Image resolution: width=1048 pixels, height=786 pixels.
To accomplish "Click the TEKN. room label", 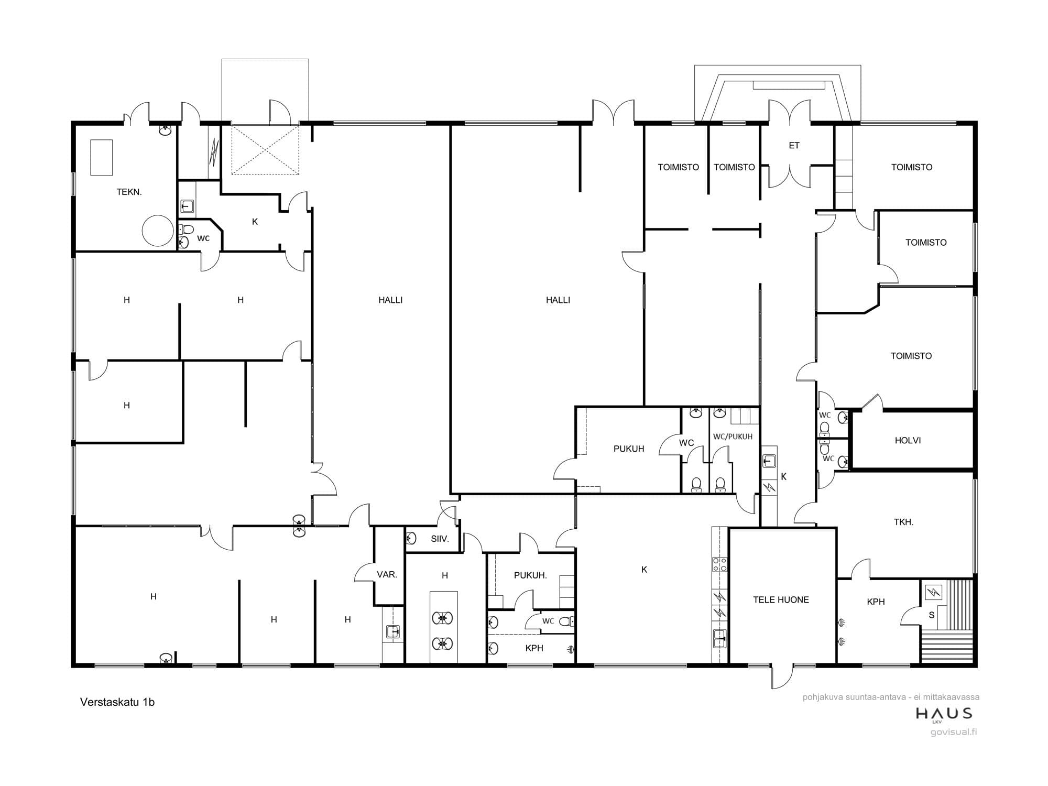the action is click(129, 192).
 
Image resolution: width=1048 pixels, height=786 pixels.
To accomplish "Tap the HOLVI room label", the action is click(908, 441).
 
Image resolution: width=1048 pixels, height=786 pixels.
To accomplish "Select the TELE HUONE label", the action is click(781, 600).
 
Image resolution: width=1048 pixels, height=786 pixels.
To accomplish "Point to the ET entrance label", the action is click(794, 146).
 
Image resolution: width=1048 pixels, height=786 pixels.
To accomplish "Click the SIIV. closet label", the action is click(440, 539).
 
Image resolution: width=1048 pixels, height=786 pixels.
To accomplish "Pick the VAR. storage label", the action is click(387, 574).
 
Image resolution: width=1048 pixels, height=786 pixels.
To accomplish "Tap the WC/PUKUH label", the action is click(733, 436).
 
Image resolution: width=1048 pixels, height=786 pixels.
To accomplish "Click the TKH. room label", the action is click(903, 522).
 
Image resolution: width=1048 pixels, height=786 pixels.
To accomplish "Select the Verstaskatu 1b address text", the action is click(117, 702).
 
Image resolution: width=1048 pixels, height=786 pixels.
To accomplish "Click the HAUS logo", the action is click(944, 714).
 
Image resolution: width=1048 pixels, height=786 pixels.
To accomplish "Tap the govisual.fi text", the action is click(954, 732).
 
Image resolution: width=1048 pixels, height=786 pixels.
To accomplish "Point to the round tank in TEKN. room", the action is click(157, 231).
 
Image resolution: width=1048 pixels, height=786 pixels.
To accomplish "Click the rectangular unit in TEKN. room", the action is click(101, 157).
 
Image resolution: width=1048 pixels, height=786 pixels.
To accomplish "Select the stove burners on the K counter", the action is click(719, 564).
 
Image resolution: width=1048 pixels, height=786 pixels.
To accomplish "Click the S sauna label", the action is click(931, 615).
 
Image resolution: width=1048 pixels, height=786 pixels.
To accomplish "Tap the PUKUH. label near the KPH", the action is click(530, 575).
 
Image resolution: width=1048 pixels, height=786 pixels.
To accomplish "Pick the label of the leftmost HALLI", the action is click(390, 300).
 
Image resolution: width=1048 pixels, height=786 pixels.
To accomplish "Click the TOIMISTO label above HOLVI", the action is click(911, 356).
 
